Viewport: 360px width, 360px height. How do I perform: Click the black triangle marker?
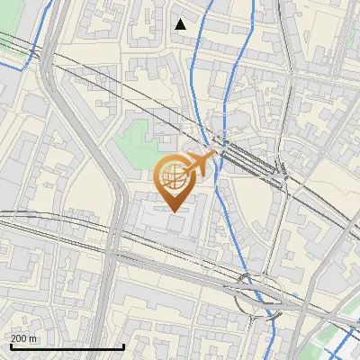tap(181, 24)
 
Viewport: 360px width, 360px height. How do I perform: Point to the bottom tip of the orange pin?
tap(174, 211)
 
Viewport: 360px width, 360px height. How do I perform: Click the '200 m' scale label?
tap(24, 338)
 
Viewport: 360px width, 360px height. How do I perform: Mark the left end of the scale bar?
tap(9, 347)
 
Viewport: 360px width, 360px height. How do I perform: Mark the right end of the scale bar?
tap(123, 347)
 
